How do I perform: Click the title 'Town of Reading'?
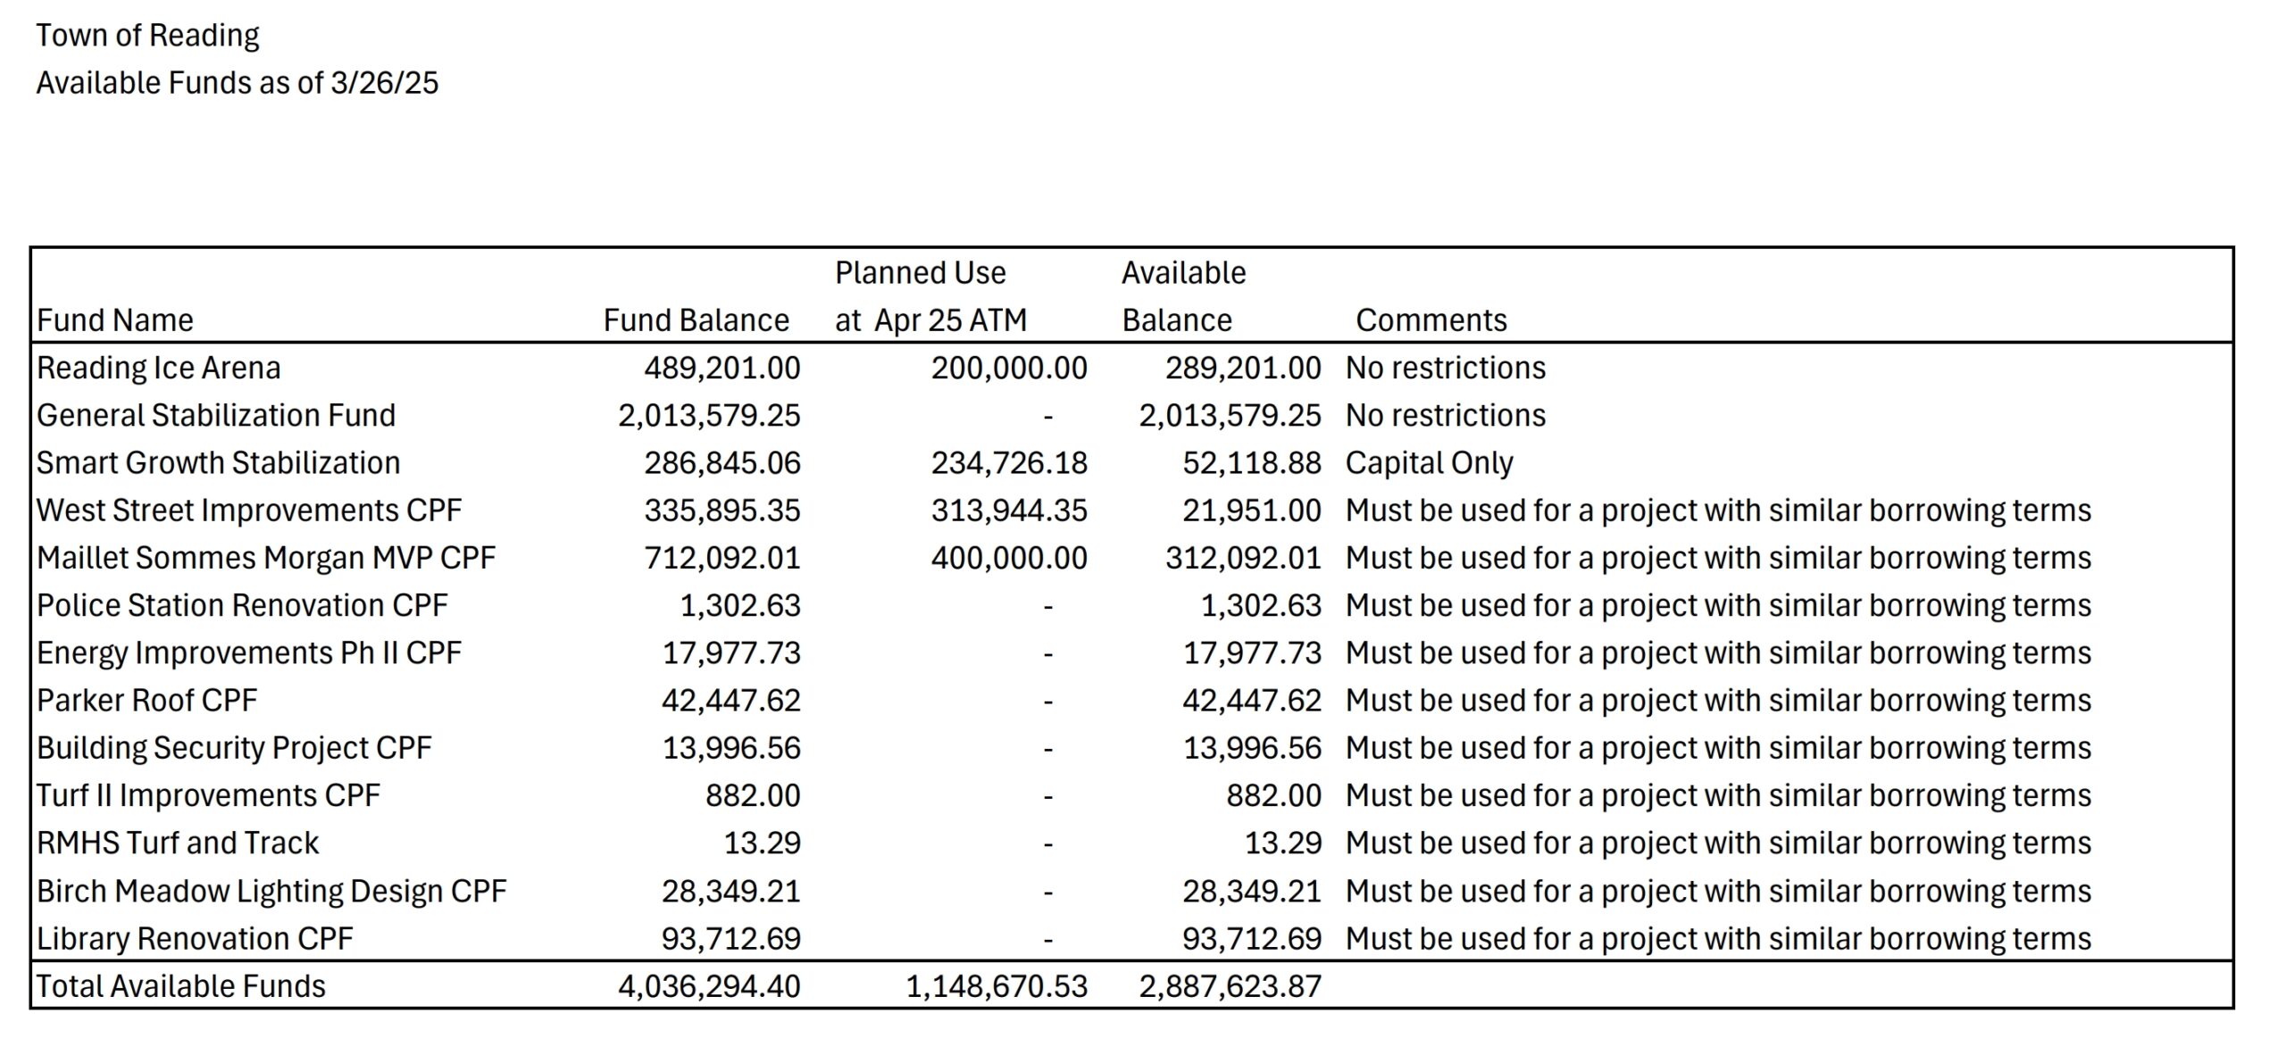click(x=147, y=36)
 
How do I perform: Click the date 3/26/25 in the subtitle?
click(x=384, y=83)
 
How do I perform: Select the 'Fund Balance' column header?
click(x=696, y=320)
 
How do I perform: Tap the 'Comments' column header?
click(x=1431, y=320)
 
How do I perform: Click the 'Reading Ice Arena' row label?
click(x=158, y=368)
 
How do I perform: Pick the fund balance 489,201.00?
click(x=722, y=368)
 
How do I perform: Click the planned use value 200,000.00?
click(x=1009, y=368)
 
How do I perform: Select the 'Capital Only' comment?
click(x=1429, y=463)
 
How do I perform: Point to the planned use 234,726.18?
click(x=1009, y=463)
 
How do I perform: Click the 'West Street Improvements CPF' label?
click(x=248, y=511)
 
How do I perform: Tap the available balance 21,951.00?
click(x=1251, y=511)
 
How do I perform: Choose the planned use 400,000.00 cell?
click(x=1009, y=558)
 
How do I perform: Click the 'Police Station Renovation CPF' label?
click(x=241, y=605)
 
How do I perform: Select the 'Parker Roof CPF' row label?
click(x=146, y=701)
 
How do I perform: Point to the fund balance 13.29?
click(x=762, y=843)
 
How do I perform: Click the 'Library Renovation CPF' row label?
click(x=194, y=939)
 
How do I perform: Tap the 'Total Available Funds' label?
click(x=180, y=986)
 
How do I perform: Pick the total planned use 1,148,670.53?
click(x=997, y=986)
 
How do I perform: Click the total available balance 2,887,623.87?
click(x=1230, y=986)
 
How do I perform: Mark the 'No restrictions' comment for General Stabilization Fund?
click(x=1445, y=416)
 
